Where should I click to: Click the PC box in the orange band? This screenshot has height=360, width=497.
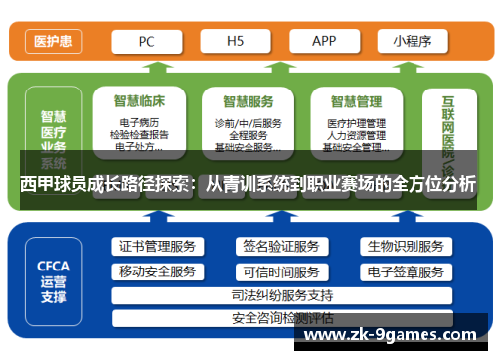point(145,41)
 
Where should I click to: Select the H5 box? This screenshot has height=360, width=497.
point(235,41)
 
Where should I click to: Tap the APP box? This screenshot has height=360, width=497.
point(324,41)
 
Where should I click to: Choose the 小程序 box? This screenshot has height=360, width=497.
point(413,41)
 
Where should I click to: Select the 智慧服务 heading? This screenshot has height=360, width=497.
point(248,101)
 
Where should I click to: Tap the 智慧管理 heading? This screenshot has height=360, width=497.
point(356,101)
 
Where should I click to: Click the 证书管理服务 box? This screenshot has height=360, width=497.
point(156,247)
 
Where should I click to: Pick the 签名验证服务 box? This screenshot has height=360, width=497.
point(281,247)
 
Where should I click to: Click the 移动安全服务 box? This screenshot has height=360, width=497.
point(156,271)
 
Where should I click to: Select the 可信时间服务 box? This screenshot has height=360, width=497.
point(281,271)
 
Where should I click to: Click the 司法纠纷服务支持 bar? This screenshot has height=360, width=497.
point(281,295)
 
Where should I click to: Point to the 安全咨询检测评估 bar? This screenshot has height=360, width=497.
point(281,318)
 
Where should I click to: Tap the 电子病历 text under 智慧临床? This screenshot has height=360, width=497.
point(139,123)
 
